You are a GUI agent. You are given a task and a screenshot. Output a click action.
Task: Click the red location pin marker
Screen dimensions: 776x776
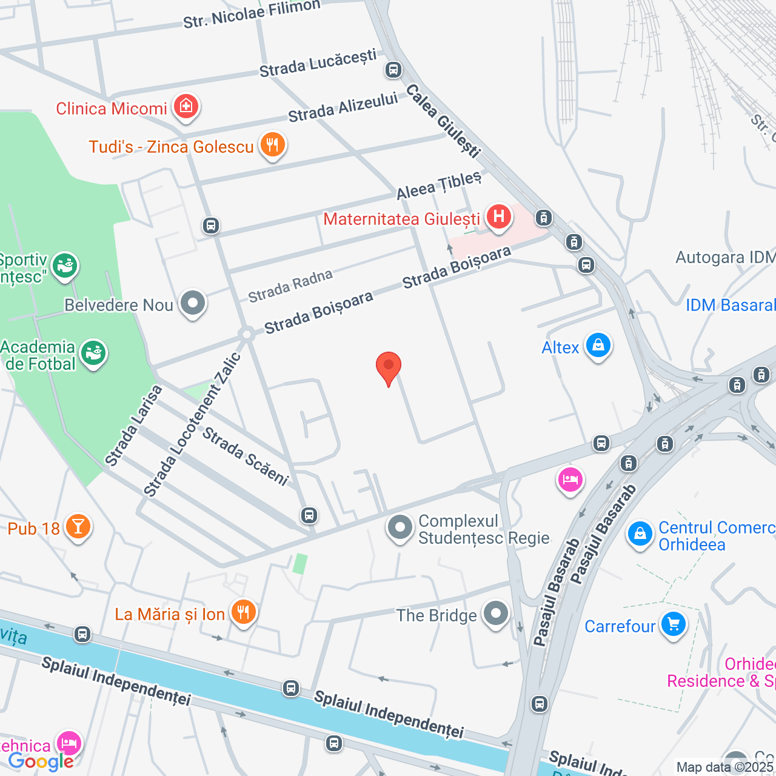[389, 367]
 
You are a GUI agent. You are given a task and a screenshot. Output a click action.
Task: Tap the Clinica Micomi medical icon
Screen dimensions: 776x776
[186, 107]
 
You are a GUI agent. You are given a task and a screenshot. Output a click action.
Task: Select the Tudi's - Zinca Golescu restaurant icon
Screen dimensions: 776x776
[273, 145]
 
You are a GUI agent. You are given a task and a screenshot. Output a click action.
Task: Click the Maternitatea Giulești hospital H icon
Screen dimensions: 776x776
[498, 217]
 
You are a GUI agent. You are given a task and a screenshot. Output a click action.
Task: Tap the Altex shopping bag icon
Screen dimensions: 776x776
[598, 346]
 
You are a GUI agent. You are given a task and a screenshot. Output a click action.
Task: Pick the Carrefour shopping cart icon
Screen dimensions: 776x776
[673, 625]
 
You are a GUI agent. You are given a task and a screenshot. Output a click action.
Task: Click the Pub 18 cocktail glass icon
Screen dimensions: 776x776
[78, 527]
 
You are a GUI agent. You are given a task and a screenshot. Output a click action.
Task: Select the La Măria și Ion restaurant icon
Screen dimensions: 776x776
[243, 613]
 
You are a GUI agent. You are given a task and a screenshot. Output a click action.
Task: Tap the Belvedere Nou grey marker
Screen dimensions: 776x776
[193, 303]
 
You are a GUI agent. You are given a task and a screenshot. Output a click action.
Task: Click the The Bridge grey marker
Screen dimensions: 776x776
[496, 614]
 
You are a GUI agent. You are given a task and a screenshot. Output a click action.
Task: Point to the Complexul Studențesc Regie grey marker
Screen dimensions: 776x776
[400, 528]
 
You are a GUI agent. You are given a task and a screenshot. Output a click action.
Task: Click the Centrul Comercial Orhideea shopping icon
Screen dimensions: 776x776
[640, 535]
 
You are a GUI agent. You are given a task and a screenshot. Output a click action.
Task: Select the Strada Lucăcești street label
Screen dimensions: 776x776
[318, 63]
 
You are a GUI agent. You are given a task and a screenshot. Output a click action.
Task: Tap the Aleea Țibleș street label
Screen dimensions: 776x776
[439, 185]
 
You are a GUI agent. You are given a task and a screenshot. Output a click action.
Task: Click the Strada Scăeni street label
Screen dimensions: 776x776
[246, 456]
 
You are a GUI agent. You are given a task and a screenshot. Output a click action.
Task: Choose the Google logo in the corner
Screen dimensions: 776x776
[41, 762]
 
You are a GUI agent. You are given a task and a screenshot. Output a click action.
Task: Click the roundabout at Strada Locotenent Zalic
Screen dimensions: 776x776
[246, 335]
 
